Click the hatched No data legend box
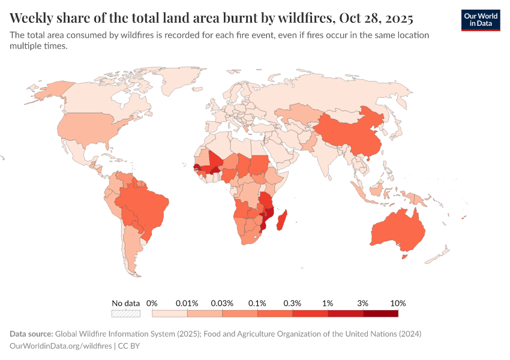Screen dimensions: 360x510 click(x=125, y=313)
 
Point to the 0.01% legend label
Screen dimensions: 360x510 click(x=187, y=303)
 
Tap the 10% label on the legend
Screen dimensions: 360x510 click(x=398, y=303)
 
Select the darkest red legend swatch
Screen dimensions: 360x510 click(x=380, y=313)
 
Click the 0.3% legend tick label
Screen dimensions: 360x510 click(x=293, y=303)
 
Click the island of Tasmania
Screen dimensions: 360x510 click(x=403, y=257)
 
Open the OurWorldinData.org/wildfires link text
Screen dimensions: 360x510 click(x=61, y=346)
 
